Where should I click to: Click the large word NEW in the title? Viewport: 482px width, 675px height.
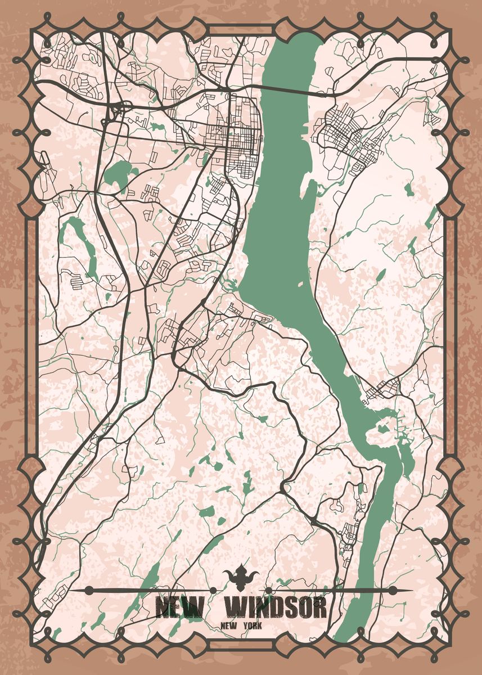[x=180, y=607]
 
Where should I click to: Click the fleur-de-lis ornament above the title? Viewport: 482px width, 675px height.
[x=242, y=577]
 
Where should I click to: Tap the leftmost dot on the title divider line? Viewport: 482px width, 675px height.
[x=89, y=590]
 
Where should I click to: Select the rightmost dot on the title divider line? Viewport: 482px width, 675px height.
[x=393, y=590]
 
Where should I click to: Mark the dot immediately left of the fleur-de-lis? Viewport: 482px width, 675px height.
[x=214, y=590]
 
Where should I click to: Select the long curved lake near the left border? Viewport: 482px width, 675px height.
[x=79, y=242]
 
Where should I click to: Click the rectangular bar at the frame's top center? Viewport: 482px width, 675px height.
[x=241, y=30]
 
